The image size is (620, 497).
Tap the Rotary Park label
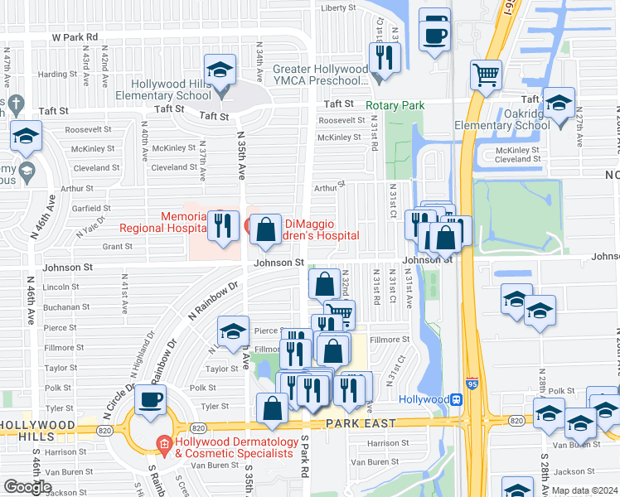click(x=396, y=105)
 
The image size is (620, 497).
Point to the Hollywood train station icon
click(x=455, y=399)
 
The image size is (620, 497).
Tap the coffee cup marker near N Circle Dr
click(x=150, y=400)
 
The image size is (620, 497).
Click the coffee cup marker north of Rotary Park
click(x=434, y=33)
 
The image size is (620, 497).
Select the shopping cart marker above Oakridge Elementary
click(x=487, y=75)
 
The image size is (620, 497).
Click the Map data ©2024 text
click(x=584, y=490)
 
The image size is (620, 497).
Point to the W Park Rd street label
click(x=75, y=37)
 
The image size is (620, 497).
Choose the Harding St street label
click(x=57, y=74)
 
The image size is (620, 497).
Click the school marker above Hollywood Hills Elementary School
click(x=220, y=70)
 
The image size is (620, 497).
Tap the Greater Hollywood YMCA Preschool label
click(x=320, y=75)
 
